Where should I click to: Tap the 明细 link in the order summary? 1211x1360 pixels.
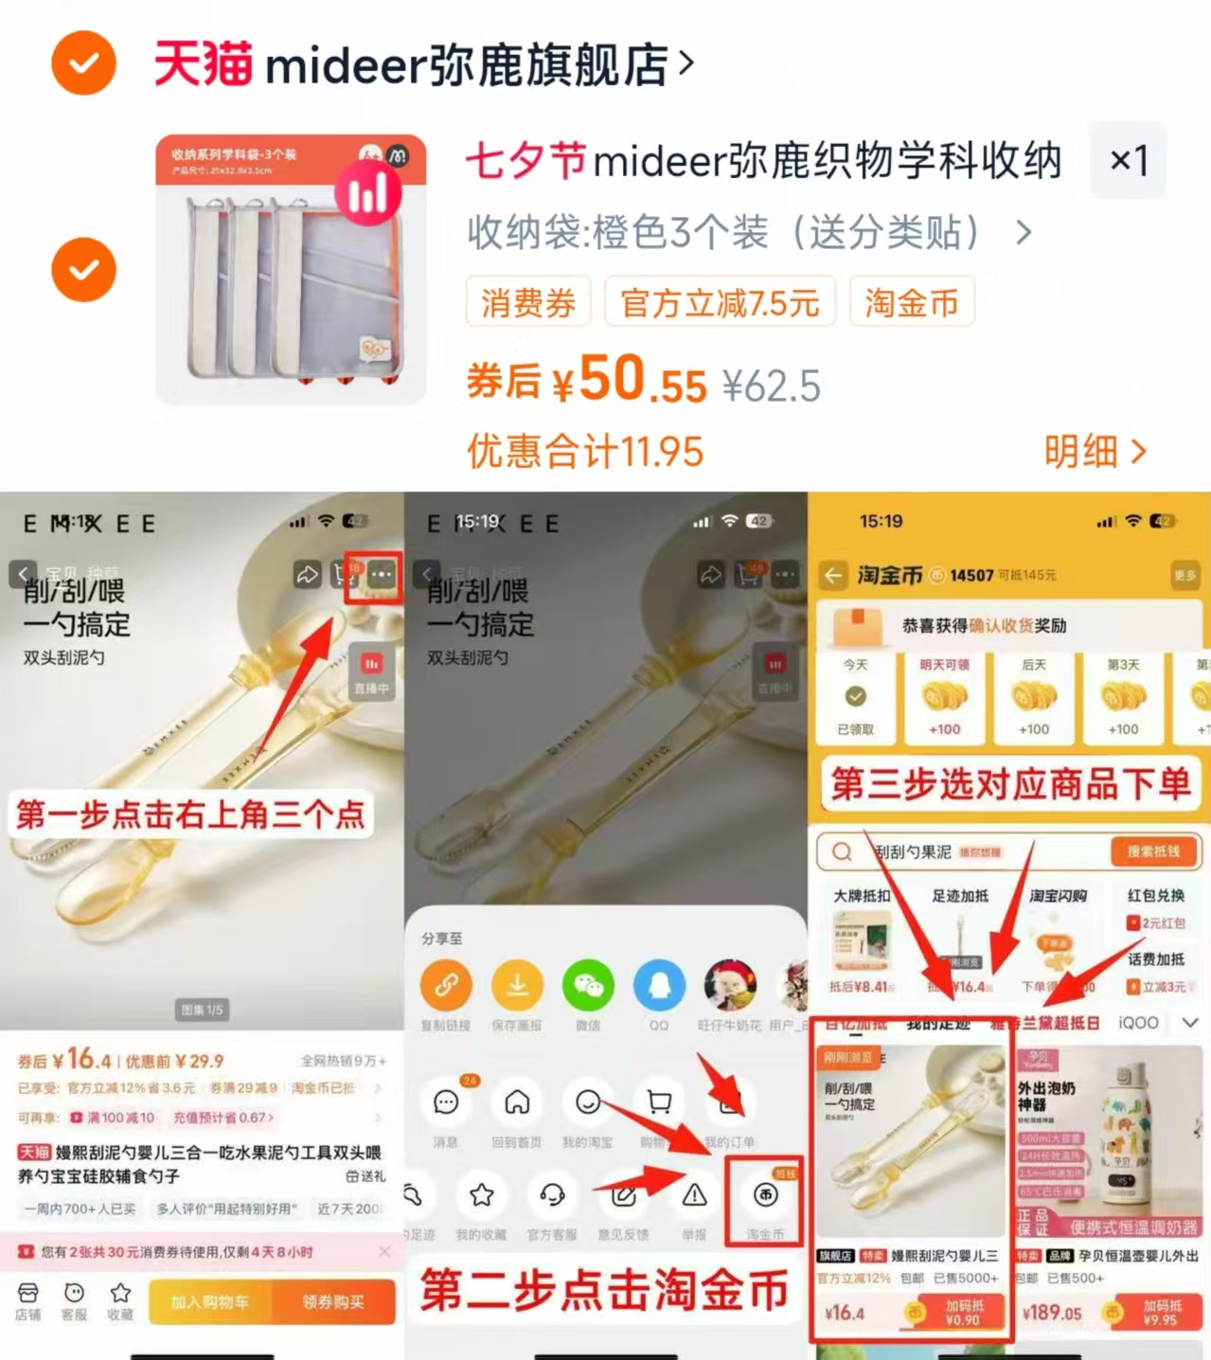1094,452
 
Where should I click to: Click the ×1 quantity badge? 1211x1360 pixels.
1128,160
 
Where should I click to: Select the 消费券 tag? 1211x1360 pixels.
528,303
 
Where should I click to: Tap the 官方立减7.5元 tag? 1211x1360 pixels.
720,303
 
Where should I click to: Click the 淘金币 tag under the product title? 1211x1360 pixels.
911,303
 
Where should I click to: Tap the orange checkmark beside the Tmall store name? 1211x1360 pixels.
83,63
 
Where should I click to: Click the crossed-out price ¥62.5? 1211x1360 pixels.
771,386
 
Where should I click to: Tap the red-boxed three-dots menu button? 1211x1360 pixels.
380,575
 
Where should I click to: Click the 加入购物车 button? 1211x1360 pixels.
210,1302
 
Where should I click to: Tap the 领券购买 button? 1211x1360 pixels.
333,1302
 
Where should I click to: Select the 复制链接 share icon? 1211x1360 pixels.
446,986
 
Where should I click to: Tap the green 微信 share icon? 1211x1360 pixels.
588,986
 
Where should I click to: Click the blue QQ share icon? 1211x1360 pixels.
659,986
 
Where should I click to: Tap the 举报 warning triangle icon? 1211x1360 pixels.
694,1195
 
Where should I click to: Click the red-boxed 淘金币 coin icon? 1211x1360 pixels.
765,1196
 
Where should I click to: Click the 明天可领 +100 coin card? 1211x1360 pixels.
944,697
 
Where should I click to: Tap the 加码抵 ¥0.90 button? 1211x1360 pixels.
963,1313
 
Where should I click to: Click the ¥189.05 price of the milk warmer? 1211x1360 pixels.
1052,1314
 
